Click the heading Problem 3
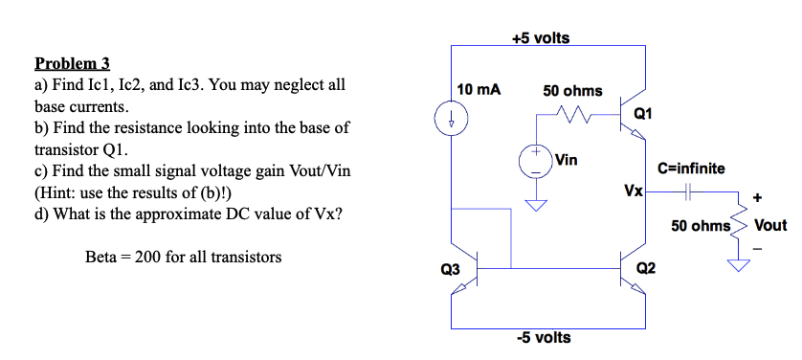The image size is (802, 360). click(x=73, y=64)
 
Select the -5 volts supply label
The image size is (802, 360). click(x=543, y=337)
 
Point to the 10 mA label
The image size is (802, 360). click(x=479, y=89)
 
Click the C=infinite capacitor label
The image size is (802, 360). click(x=692, y=169)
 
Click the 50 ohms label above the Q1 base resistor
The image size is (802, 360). click(x=572, y=90)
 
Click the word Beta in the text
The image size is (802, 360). click(x=103, y=257)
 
